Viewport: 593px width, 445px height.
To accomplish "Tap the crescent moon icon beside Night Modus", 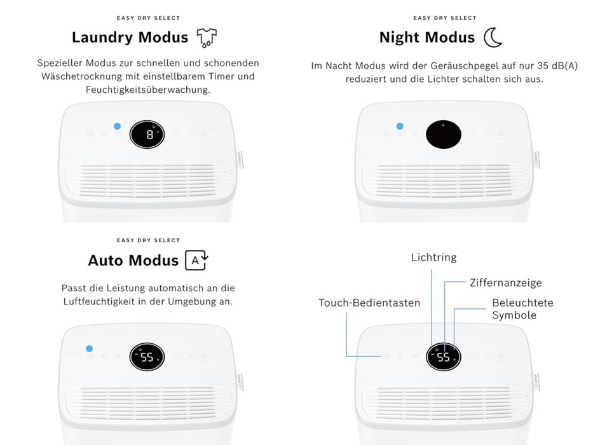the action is click(x=493, y=38).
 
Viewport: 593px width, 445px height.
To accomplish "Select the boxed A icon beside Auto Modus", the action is click(x=196, y=261).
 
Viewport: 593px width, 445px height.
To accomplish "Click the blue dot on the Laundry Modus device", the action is click(x=117, y=126).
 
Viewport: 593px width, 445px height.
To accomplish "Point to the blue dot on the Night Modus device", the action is click(x=400, y=126).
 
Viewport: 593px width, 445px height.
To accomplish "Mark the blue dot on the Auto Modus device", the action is click(x=89, y=348).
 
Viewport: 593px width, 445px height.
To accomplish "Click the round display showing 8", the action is click(x=147, y=134).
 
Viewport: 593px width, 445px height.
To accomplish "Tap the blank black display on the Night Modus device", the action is click(x=444, y=134).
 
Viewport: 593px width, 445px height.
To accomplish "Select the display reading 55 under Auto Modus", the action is click(x=147, y=357).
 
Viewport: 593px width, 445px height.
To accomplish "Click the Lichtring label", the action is click(x=433, y=257).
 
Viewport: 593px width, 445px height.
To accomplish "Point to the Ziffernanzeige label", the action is click(x=506, y=283).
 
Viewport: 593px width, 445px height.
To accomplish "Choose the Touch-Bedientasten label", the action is click(x=369, y=303).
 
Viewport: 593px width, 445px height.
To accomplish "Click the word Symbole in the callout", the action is click(x=514, y=315).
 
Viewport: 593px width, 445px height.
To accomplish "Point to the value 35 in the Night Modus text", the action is click(x=542, y=65).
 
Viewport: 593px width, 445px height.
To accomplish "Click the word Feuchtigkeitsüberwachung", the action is click(x=148, y=90).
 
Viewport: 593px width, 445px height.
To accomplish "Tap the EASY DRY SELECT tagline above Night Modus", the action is click(x=445, y=18).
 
